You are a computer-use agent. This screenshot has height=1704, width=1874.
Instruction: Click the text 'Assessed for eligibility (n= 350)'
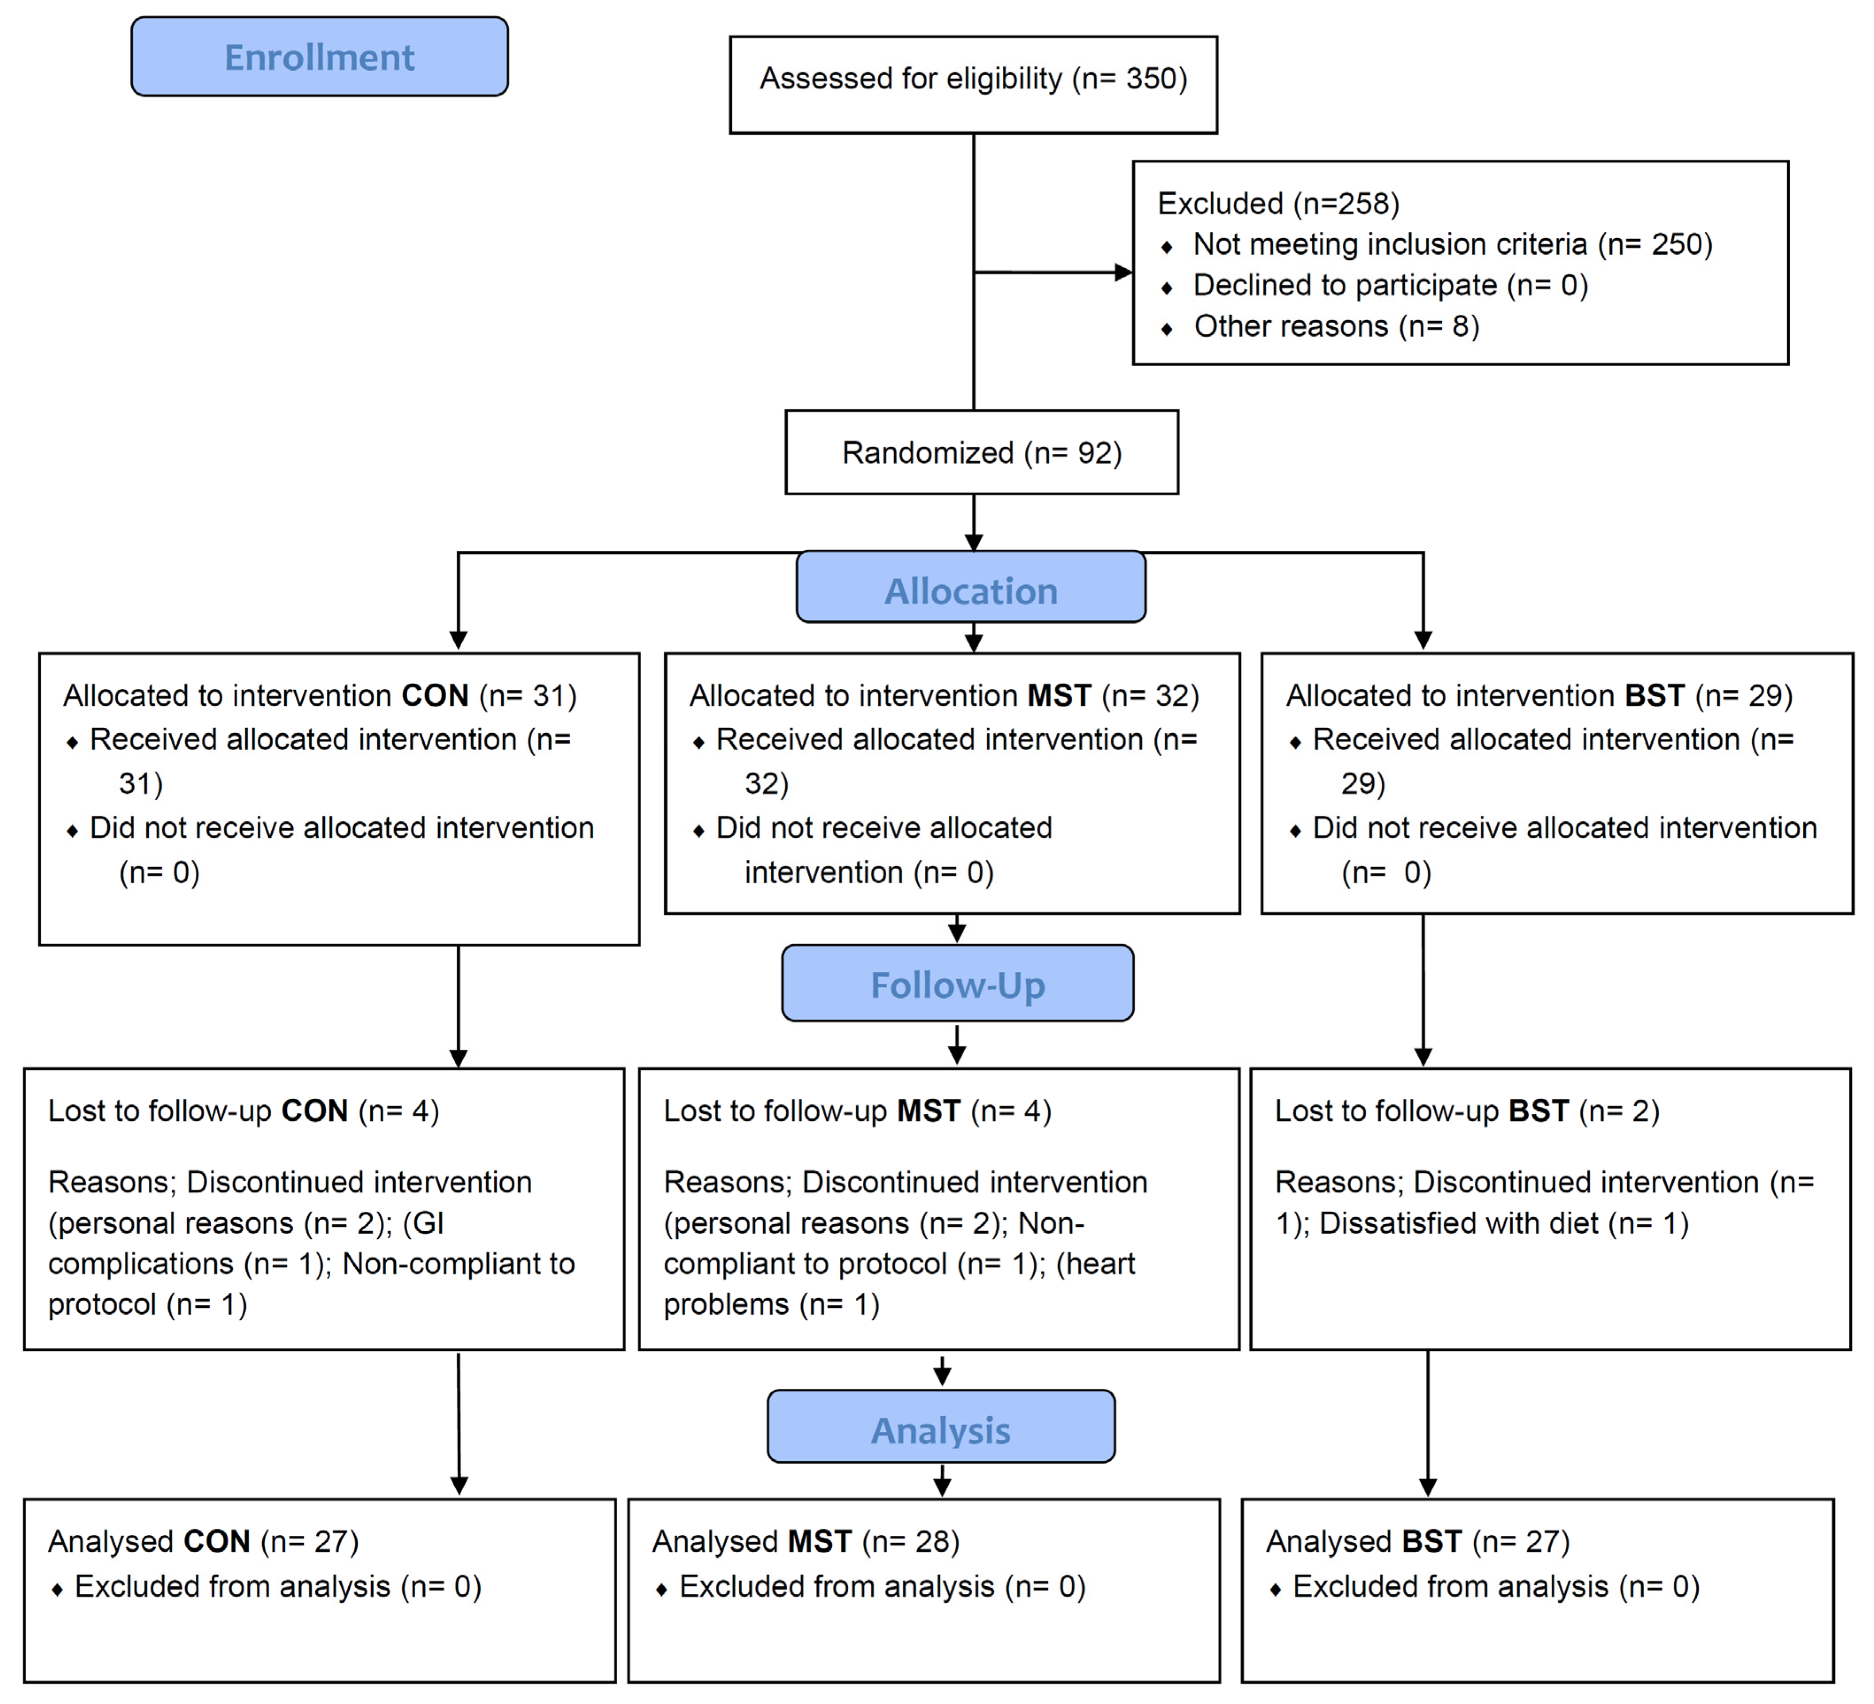click(973, 79)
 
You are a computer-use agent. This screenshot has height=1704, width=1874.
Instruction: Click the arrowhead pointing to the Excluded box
click(1123, 272)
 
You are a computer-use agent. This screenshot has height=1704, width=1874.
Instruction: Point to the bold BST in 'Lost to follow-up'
click(1538, 1111)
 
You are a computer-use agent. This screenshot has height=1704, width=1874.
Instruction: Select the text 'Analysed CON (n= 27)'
click(203, 1542)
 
